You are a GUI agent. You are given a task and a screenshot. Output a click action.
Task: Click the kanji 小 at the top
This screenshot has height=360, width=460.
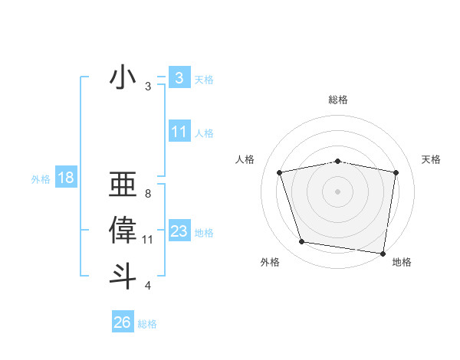click(123, 78)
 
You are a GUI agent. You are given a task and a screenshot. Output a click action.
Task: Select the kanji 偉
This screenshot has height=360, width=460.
click(123, 231)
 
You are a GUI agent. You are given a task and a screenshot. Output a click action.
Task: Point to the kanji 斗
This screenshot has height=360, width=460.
click(123, 276)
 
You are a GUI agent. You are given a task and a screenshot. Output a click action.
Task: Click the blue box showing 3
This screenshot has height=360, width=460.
click(179, 77)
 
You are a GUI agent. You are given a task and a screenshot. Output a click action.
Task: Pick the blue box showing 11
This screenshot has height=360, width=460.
click(179, 132)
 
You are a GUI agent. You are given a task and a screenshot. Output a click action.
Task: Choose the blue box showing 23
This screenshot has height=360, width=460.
click(179, 231)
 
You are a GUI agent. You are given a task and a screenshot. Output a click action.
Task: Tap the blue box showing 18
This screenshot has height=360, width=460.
click(65, 178)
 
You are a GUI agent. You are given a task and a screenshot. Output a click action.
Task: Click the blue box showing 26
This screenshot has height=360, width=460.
click(122, 322)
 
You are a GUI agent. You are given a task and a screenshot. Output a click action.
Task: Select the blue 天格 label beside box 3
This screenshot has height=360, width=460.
click(204, 79)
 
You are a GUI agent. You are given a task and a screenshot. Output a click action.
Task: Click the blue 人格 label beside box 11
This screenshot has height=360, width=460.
click(204, 133)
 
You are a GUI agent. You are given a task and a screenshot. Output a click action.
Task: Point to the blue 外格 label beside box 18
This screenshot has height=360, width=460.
click(40, 179)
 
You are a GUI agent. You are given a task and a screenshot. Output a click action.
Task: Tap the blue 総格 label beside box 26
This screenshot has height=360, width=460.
click(147, 324)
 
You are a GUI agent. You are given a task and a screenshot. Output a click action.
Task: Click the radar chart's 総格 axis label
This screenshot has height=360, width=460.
click(338, 100)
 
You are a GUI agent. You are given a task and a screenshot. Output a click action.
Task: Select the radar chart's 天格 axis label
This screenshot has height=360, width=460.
click(432, 159)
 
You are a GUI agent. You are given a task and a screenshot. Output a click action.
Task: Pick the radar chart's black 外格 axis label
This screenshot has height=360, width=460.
click(270, 262)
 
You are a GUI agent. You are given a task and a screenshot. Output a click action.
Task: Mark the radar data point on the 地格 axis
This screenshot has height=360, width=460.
click(383, 252)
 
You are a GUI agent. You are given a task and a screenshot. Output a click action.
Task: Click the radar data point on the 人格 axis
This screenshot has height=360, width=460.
click(280, 172)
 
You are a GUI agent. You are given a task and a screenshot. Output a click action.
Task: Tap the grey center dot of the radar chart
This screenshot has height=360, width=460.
click(338, 191)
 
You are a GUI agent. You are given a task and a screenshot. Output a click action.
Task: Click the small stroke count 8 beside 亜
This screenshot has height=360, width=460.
click(147, 194)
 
